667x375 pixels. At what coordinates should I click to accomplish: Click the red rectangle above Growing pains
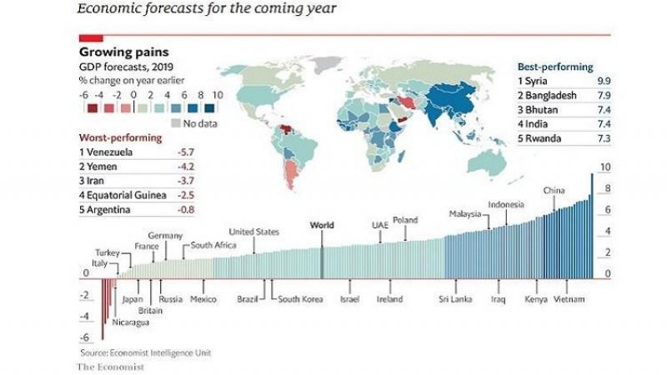[x=91, y=38]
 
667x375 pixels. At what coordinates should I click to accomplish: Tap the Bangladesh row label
[x=550, y=95]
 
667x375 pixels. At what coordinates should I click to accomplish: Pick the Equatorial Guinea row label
[x=121, y=195]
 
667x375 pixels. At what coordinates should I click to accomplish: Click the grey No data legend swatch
[x=175, y=123]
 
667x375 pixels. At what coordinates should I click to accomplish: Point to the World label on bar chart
[x=321, y=225]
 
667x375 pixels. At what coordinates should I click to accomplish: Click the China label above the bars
[x=554, y=191]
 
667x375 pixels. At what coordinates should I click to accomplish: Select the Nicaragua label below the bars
[x=131, y=322]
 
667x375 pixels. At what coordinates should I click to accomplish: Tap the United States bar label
[x=253, y=231]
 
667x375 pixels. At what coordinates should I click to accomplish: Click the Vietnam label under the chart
[x=568, y=299]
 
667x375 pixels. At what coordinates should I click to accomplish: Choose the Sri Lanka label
[x=456, y=299]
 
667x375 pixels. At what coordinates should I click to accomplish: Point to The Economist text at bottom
[x=111, y=366]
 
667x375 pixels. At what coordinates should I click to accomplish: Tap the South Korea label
[x=300, y=299]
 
